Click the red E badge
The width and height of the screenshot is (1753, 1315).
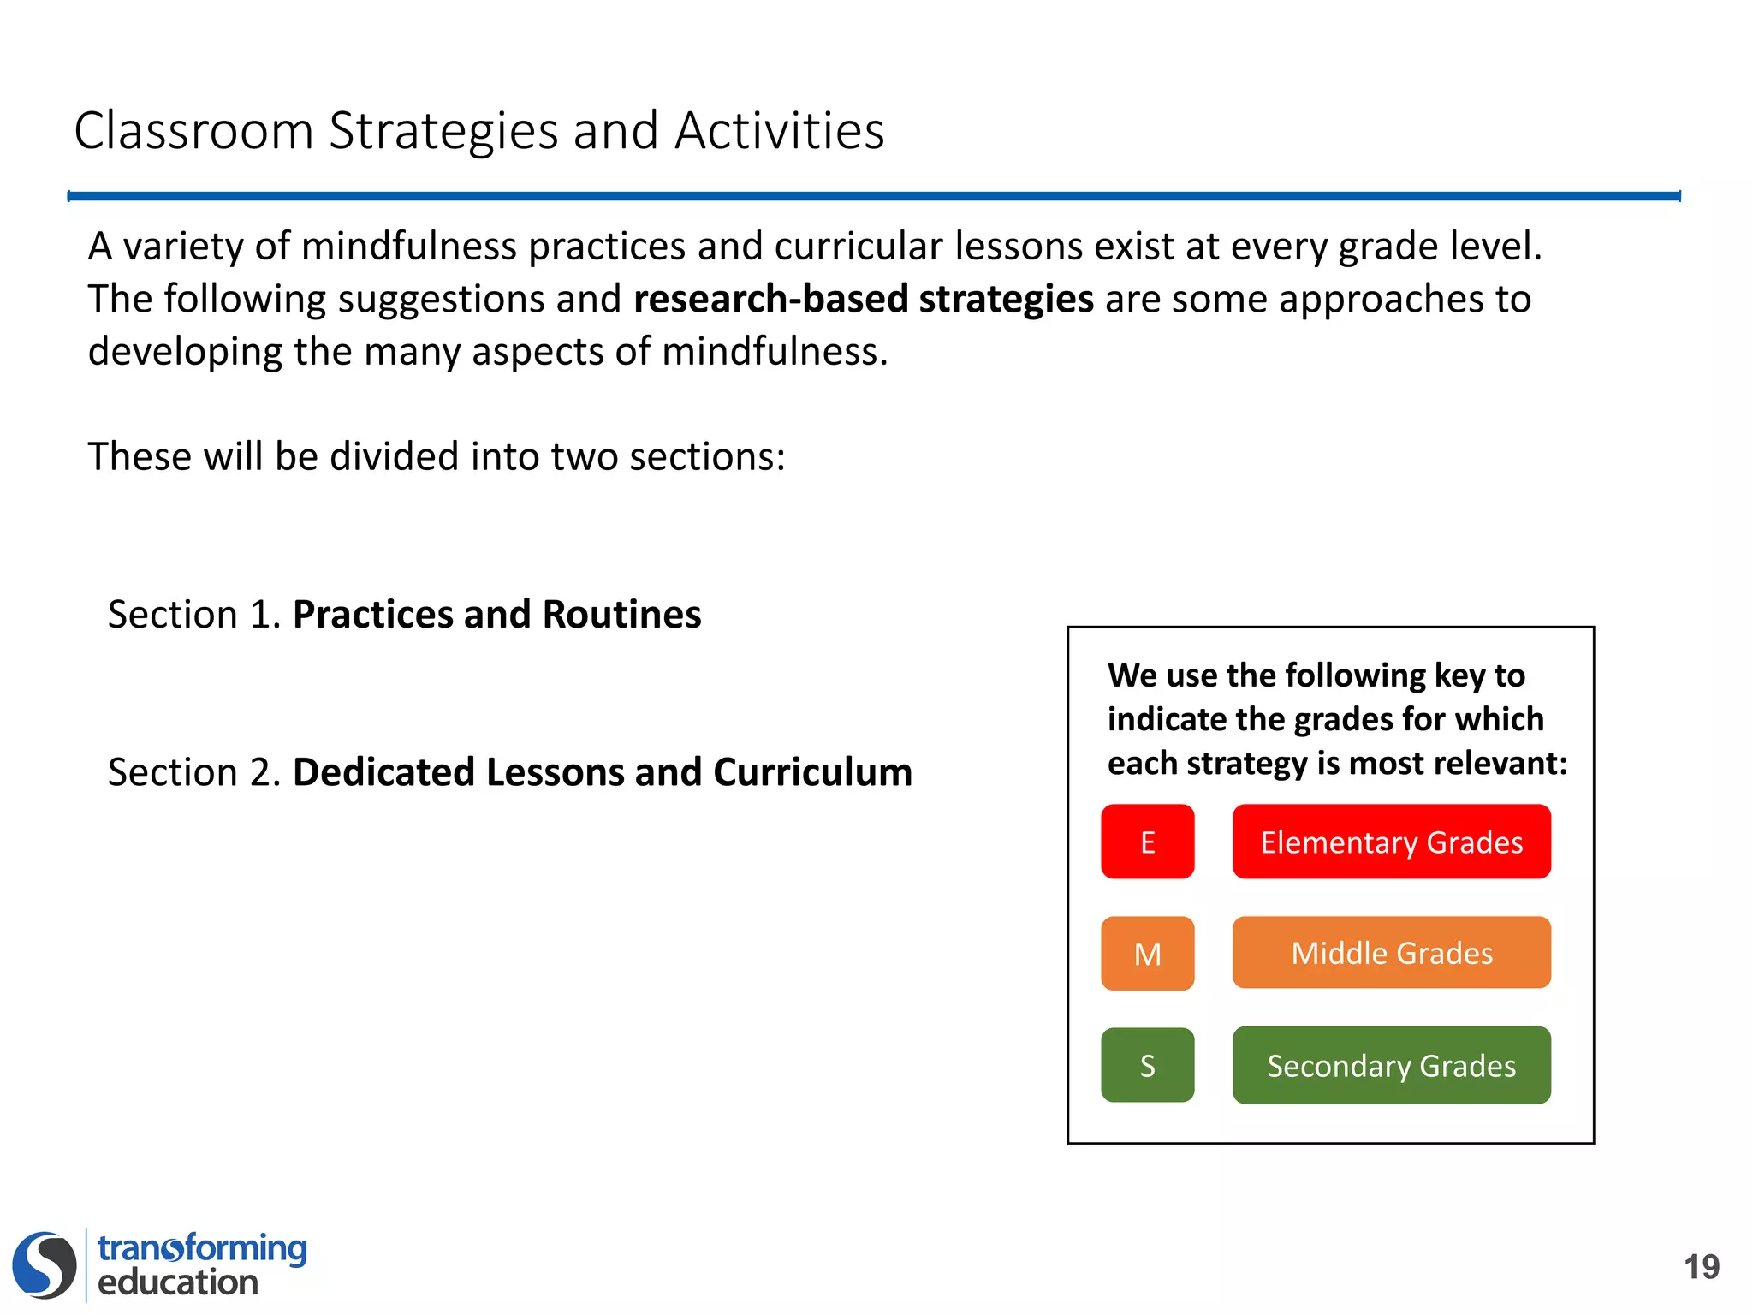coord(1147,842)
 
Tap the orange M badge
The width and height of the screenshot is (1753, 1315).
coord(1147,953)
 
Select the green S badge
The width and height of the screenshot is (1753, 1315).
coord(1147,1065)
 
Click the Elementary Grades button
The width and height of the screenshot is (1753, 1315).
coord(1391,842)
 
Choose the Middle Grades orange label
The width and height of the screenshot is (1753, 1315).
coord(1391,953)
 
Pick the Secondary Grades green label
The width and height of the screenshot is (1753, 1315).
coord(1391,1065)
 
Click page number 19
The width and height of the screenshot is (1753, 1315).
coord(1701,1267)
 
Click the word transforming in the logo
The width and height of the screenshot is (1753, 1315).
coord(202,1248)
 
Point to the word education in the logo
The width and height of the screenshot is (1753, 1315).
coord(178,1282)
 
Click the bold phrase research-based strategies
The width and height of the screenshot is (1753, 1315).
coord(864,299)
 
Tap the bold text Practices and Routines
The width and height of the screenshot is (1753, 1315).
coord(496,615)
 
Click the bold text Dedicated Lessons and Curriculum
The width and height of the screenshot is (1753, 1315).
coord(603,772)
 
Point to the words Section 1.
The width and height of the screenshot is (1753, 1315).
coord(194,615)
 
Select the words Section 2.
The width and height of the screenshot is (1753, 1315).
coord(194,772)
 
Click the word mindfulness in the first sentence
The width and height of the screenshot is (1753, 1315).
coord(409,247)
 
